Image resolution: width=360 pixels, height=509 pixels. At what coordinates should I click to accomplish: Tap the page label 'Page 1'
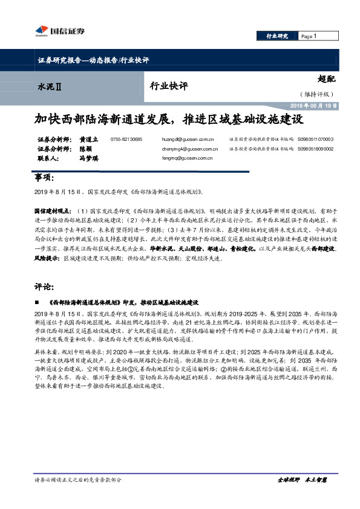tap(309, 36)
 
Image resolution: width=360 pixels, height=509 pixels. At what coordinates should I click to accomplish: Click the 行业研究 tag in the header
tap(277, 36)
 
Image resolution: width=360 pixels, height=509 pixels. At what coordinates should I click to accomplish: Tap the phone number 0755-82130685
tap(126, 139)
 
